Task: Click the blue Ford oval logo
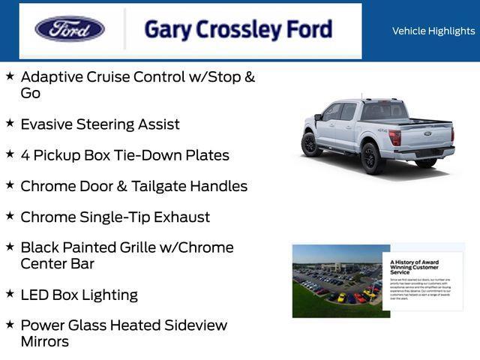click(70, 29)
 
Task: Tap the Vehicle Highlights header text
click(433, 31)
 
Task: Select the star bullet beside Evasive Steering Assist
click(10, 122)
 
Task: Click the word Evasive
click(49, 124)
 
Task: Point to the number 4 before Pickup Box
click(25, 155)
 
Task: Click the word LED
click(34, 295)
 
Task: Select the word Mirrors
click(45, 342)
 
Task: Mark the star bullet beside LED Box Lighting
click(10, 293)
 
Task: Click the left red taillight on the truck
click(394, 138)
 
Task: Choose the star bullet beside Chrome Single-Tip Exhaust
click(10, 215)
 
